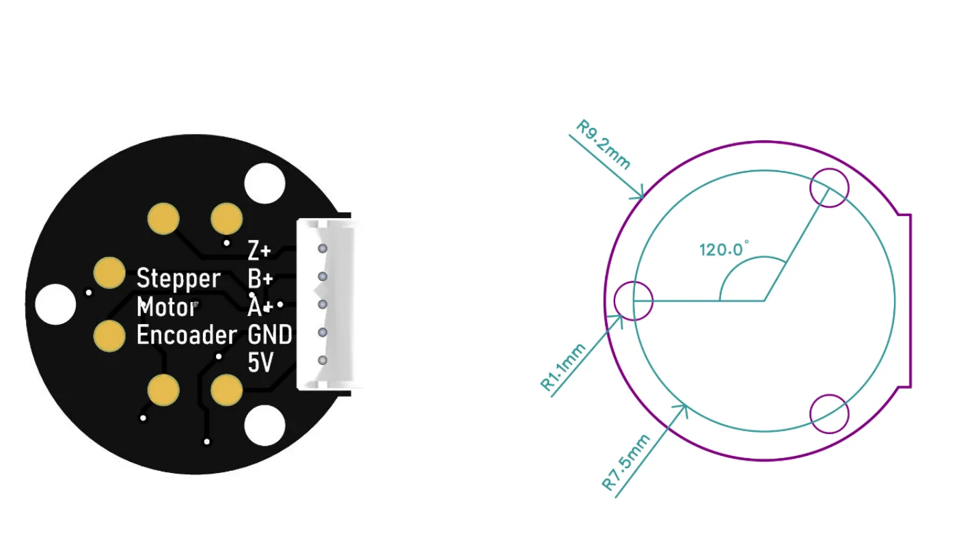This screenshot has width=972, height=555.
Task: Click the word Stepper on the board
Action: (178, 279)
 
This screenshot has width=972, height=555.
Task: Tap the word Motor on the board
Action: (167, 308)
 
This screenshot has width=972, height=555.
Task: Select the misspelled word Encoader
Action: (186, 335)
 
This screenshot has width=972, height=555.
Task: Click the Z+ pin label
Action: (259, 252)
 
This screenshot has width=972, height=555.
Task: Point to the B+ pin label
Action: (260, 279)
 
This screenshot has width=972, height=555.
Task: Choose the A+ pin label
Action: (260, 308)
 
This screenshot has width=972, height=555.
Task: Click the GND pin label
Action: (270, 335)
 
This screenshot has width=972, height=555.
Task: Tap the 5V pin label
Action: (260, 363)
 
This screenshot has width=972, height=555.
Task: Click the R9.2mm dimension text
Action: (604, 145)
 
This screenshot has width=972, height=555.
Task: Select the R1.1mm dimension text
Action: (564, 367)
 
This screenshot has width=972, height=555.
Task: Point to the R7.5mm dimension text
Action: (626, 462)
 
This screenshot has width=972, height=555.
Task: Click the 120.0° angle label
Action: (724, 249)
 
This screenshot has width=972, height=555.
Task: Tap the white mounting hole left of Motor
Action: (55, 303)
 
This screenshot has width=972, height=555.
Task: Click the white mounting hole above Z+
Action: (265, 183)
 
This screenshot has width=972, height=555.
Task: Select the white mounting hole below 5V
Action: (265, 424)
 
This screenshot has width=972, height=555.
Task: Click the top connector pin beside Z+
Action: (323, 249)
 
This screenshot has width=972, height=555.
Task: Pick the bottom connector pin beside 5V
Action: (323, 360)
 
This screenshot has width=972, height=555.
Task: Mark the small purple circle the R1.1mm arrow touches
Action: (634, 300)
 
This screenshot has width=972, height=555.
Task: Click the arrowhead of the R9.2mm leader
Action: (641, 196)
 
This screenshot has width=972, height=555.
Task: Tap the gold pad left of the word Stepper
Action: (109, 273)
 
